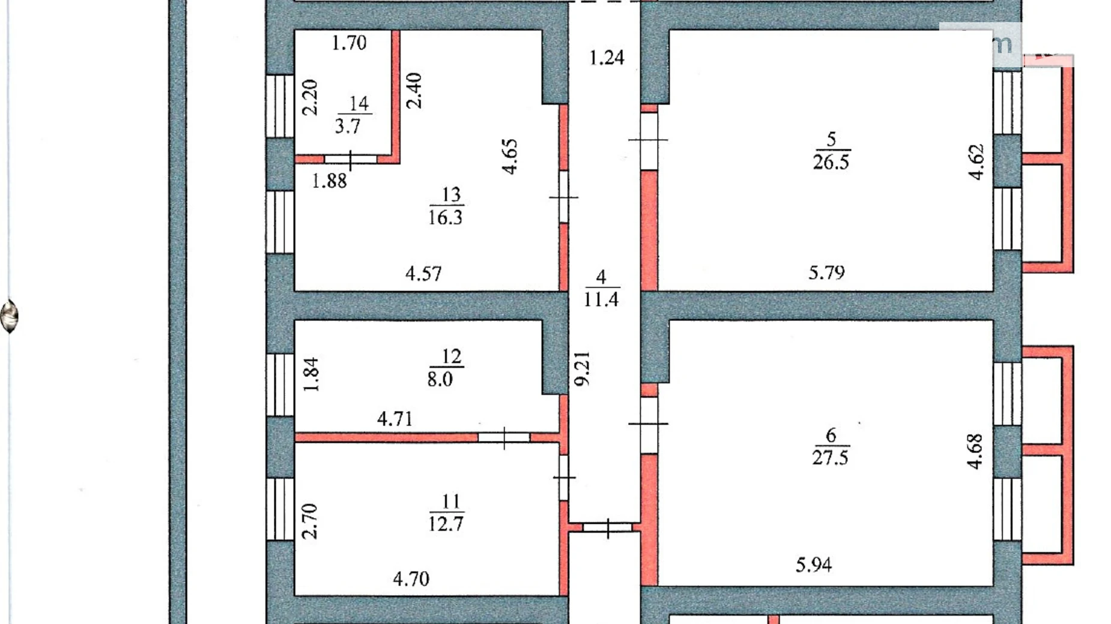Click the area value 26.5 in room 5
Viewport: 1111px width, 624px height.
coord(831,162)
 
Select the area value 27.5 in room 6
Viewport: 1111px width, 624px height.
coord(831,458)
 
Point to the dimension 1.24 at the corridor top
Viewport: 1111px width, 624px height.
coord(607,58)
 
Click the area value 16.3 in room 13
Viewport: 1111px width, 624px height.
coord(446,217)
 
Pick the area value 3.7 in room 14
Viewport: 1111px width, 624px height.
coord(347,126)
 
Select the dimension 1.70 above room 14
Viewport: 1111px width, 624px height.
coord(349,43)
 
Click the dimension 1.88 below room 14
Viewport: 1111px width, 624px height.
coord(329,181)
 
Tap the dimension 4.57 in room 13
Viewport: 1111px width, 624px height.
coord(423,274)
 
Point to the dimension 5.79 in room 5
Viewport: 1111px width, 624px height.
coord(826,273)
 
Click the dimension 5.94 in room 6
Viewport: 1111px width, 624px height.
coord(814,565)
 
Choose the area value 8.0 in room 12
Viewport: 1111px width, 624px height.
coord(440,379)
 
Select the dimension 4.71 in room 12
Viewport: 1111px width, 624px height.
coord(395,418)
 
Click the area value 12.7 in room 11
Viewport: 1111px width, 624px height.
coord(446,524)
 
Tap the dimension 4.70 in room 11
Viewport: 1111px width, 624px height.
coord(411,579)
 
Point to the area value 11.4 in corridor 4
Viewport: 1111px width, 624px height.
coord(601,299)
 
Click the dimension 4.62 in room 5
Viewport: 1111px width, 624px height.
coord(976,162)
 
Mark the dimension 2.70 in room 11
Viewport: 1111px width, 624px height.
coord(309,521)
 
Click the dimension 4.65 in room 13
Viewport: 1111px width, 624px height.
coord(509,157)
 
